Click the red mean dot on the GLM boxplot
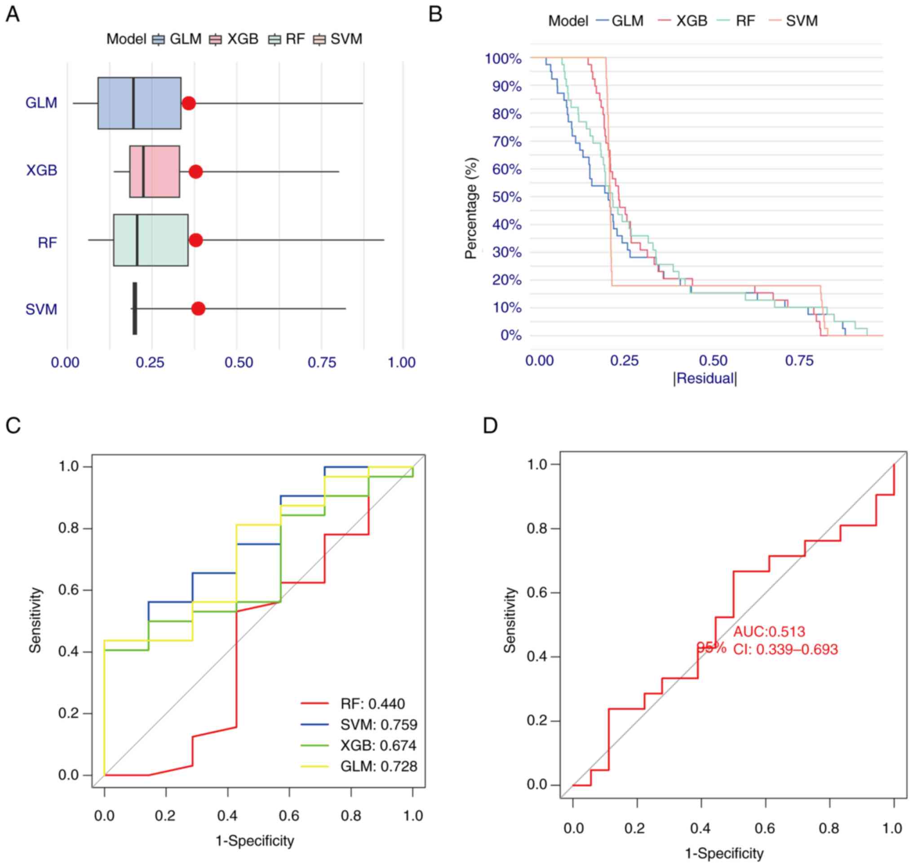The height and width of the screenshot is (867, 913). coord(188,103)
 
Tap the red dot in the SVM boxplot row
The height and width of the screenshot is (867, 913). coord(198,309)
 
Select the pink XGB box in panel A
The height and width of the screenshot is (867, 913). coord(155,172)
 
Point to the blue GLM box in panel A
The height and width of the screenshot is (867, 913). coord(139,103)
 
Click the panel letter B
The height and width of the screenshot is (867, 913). coord(435,14)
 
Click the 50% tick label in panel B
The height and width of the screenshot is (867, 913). coord(507,197)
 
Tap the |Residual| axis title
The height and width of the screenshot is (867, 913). coord(705,379)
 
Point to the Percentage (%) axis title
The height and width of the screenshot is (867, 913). coord(471,208)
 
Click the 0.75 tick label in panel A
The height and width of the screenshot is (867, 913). coord(322,363)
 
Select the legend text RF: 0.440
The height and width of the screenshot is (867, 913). coord(372,704)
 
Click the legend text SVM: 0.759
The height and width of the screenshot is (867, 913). coord(379,725)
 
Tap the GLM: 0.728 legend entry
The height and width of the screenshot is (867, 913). coord(379,766)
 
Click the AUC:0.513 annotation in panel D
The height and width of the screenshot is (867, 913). coord(769,632)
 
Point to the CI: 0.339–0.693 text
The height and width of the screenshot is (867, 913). coord(785,649)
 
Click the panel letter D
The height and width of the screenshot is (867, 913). coord(490,425)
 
